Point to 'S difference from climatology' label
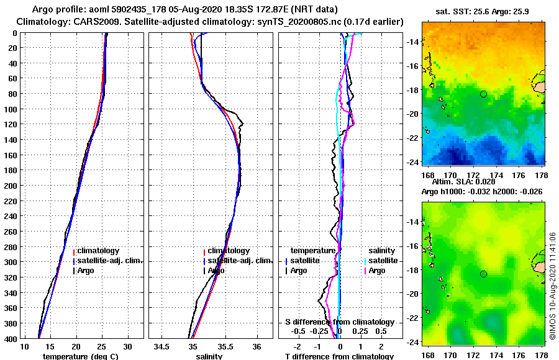pos(340,322)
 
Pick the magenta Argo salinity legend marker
pos(366,271)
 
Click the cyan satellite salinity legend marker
pos(366,261)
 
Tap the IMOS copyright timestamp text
pos(553,287)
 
